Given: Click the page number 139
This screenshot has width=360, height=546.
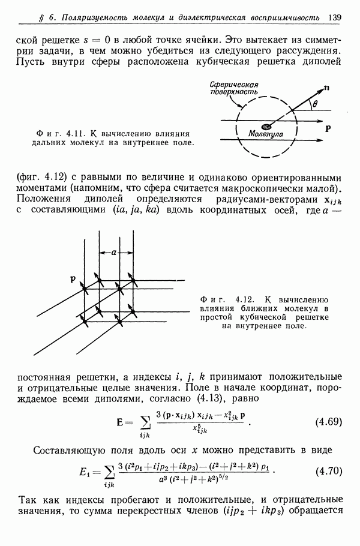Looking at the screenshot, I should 334,18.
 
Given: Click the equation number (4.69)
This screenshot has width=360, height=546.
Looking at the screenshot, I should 328,421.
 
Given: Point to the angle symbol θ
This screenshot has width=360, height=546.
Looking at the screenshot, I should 316,104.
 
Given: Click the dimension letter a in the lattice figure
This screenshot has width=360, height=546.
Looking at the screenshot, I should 112,253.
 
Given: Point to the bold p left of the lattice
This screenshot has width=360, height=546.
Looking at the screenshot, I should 72,278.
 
